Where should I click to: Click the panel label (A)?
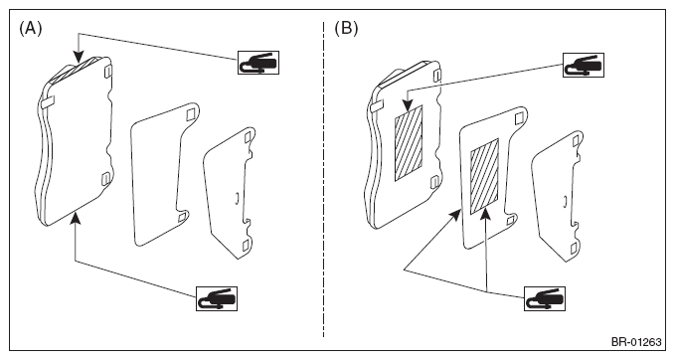(31, 29)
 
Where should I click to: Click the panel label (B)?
(346, 29)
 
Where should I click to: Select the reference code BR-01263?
(636, 342)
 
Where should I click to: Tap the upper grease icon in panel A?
(258, 63)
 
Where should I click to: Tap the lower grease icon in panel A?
(217, 298)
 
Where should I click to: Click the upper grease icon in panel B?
(584, 65)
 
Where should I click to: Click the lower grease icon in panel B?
(545, 298)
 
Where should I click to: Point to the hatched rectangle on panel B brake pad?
(409, 142)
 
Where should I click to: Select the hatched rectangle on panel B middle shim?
(484, 176)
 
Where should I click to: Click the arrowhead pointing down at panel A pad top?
(78, 57)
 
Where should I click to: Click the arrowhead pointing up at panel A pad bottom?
(76, 218)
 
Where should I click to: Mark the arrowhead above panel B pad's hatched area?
(407, 105)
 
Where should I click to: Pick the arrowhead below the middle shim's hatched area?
(486, 214)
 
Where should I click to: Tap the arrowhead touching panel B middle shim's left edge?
(455, 214)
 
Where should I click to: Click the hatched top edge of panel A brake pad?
(77, 68)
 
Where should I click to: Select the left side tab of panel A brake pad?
(48, 101)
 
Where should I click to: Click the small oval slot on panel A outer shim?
(237, 198)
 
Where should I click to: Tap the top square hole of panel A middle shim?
(191, 115)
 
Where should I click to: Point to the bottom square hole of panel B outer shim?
(574, 249)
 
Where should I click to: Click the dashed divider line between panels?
(324, 179)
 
